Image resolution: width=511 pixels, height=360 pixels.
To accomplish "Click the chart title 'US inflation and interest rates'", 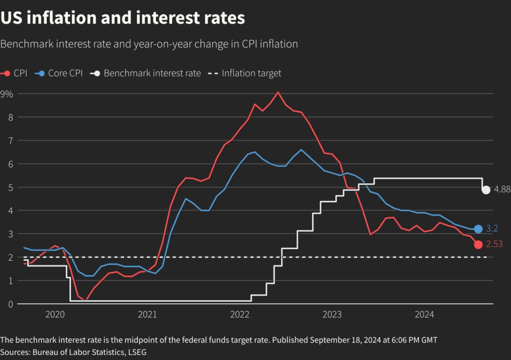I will pyautogui.click(x=123, y=18).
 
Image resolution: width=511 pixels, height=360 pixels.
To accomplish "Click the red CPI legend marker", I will pyautogui.click(x=7, y=73).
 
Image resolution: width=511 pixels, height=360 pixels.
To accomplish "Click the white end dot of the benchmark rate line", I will pyautogui.click(x=486, y=190).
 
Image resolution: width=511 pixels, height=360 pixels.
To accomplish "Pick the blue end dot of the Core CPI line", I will pyautogui.click(x=478, y=229).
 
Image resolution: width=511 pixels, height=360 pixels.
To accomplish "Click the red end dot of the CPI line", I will pyautogui.click(x=478, y=245).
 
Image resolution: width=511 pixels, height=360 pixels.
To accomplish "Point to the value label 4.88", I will pyautogui.click(x=502, y=190).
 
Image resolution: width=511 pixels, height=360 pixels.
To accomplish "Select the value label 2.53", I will pyautogui.click(x=494, y=245).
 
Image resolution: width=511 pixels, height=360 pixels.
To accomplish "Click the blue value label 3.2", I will pyautogui.click(x=492, y=229).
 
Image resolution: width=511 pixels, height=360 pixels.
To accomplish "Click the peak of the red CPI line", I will pyautogui.click(x=278, y=92).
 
